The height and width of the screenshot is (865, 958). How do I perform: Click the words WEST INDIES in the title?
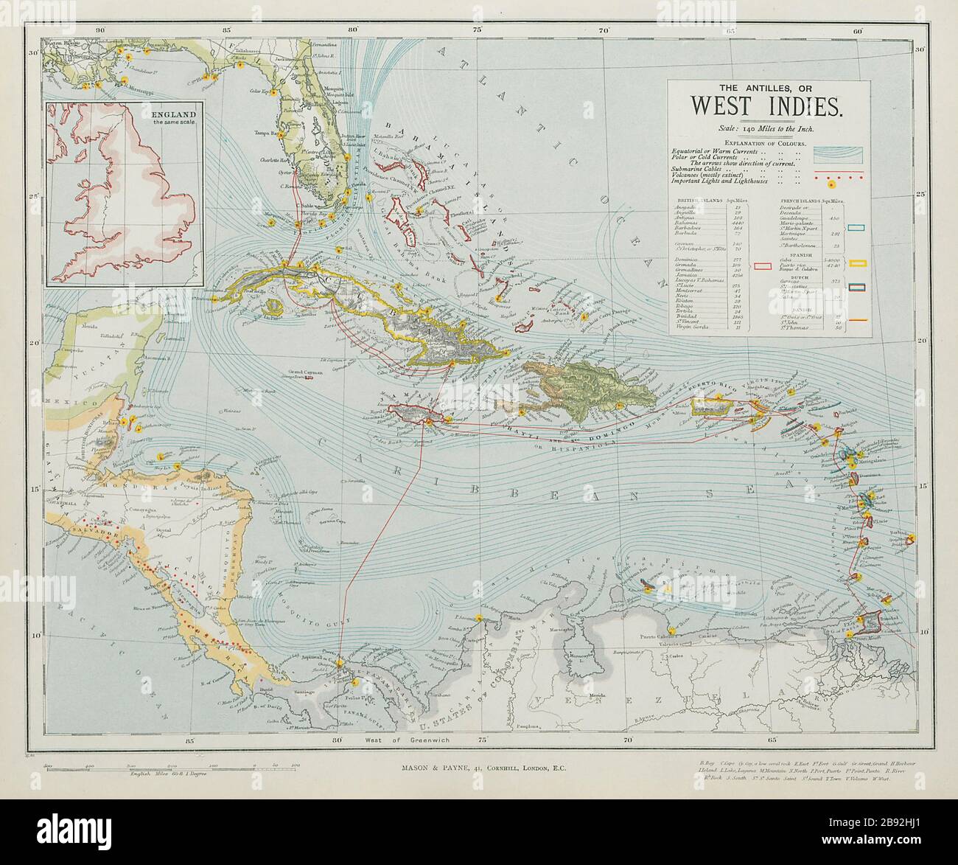(767, 107)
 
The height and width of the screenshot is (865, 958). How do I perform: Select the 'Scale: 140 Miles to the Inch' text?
(767, 128)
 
